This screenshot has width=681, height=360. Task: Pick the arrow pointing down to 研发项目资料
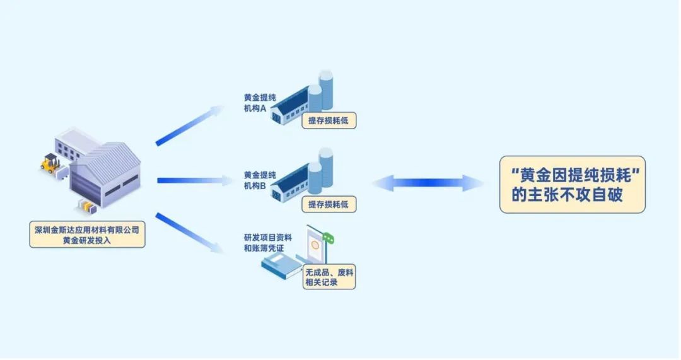click(x=189, y=234)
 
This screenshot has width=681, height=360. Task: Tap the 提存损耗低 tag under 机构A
click(x=329, y=121)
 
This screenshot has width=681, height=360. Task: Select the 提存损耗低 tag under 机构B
click(x=329, y=205)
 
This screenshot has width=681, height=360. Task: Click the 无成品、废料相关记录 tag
click(x=329, y=277)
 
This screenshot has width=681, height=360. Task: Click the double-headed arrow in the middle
click(x=428, y=183)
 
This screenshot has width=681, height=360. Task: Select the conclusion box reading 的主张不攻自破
click(x=572, y=184)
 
